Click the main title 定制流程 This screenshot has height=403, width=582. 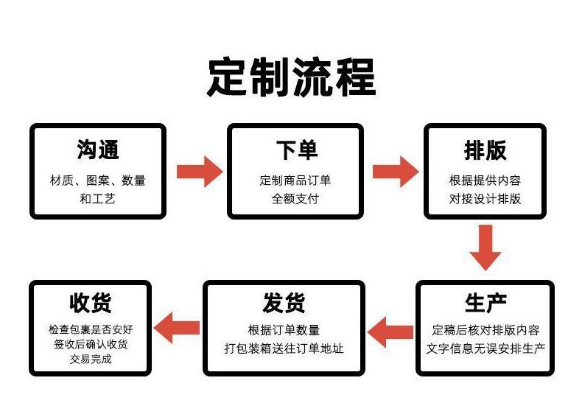coord(291,77)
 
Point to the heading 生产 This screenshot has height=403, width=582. coord(485,301)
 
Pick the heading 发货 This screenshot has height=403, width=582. coord(284,302)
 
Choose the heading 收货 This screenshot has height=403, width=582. coord(91,302)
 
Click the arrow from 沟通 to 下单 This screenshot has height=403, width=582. coord(199,172)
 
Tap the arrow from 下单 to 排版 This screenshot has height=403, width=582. coord(396,172)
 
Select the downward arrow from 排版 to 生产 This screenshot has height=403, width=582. coord(485,248)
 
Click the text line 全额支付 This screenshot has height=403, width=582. coord(295,198)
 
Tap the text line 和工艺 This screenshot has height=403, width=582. coord(98,198)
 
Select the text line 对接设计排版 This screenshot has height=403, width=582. coord(485,198)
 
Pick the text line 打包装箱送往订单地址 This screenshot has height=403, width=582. coord(284,348)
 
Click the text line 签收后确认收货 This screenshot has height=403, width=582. coord(91,345)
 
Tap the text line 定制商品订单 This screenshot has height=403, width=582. coord(295,181)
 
